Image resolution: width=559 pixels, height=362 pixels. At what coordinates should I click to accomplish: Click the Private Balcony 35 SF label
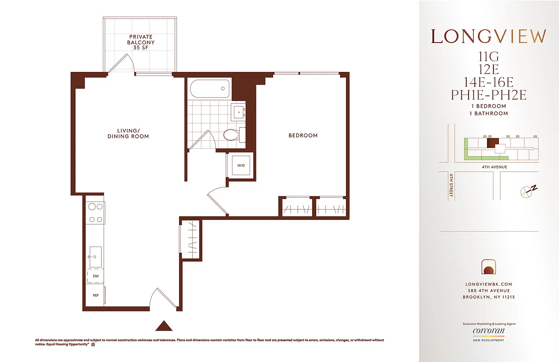click(x=141, y=42)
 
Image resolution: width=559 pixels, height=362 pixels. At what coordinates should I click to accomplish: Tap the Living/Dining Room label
click(x=128, y=133)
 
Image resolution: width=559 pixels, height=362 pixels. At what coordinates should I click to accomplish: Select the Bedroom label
click(x=303, y=135)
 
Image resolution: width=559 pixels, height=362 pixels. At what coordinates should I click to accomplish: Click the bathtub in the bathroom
click(x=210, y=89)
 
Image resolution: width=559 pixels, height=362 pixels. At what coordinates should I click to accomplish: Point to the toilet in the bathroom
click(x=233, y=134)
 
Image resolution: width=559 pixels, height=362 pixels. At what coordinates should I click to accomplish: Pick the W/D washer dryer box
click(x=241, y=166)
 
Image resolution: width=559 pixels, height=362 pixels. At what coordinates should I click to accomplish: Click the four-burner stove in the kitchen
click(x=95, y=213)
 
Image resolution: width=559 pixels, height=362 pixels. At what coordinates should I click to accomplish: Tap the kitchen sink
click(x=95, y=257)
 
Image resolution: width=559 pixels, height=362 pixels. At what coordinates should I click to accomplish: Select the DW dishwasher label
click(x=95, y=276)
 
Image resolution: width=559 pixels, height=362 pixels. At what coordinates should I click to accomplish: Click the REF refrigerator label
click(x=95, y=295)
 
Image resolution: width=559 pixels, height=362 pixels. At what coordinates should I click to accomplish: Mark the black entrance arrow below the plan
click(x=164, y=326)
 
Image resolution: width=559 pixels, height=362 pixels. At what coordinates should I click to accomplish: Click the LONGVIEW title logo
click(x=488, y=37)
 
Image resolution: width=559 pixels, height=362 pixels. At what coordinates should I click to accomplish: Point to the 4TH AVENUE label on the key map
click(x=494, y=167)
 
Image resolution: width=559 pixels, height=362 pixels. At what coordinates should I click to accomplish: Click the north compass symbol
click(x=528, y=190)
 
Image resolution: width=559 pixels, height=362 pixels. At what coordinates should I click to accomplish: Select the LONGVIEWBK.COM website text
click(x=488, y=284)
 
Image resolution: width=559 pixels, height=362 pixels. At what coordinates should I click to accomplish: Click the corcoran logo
click(x=488, y=331)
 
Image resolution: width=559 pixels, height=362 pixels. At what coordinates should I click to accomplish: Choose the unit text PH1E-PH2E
click(x=488, y=95)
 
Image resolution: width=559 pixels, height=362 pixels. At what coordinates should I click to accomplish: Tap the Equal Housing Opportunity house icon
click(x=93, y=345)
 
